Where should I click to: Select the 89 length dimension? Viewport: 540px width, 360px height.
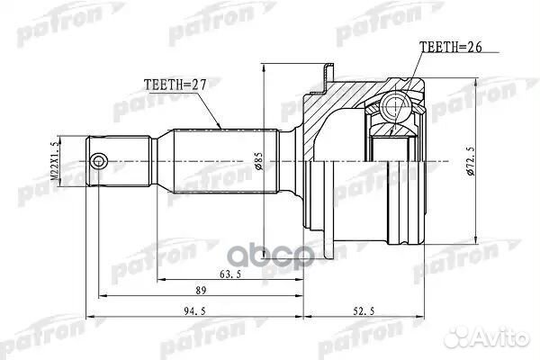coord(202,290)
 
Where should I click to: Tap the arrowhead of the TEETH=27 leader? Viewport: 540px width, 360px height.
coord(220,125)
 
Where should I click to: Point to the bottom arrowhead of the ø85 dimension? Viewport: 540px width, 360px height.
coord(263,258)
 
